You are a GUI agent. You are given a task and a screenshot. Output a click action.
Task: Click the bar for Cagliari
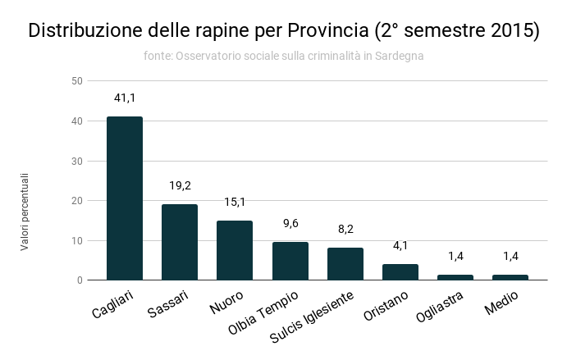125,198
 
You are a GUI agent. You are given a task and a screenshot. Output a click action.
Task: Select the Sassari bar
180,242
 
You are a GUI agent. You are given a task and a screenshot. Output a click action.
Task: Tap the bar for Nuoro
235,250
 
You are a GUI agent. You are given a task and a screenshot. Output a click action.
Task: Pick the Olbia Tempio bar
290,261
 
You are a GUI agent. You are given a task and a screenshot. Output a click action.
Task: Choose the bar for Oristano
400,271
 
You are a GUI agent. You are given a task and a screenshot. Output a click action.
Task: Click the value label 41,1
125,98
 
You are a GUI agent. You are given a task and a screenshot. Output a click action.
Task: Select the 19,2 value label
180,186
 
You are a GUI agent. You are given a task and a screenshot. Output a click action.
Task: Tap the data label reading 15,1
235,203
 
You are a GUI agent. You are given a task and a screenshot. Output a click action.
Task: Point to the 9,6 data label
290,224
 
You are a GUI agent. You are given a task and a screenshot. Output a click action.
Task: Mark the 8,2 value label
345,230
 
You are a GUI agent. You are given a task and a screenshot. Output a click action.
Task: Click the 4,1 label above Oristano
400,246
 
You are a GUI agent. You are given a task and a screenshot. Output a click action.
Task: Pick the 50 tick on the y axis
77,81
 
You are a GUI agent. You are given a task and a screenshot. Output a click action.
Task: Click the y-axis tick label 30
77,161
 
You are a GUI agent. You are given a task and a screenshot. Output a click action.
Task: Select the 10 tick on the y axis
77,240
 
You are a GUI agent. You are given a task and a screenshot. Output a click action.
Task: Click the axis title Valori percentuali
25,211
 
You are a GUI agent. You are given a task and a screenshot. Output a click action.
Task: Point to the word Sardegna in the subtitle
399,56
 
